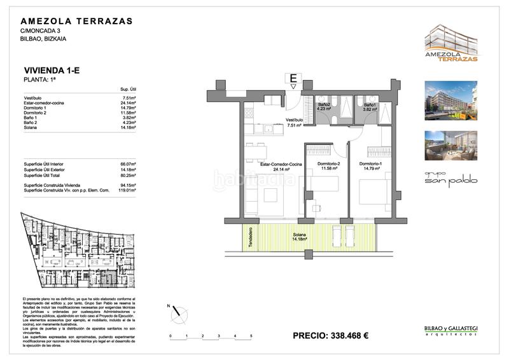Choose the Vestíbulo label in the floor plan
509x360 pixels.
coord(294,122)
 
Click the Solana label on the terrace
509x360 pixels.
coord(299,238)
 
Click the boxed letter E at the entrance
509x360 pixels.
coord(293,79)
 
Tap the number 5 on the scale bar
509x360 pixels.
coord(251,335)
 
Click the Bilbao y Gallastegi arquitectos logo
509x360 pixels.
coord(450,330)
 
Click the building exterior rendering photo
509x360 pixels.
coord(450,100)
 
